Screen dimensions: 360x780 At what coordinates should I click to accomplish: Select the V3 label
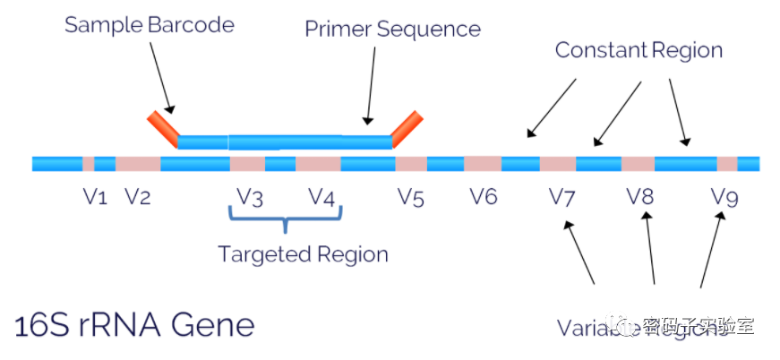coord(250,197)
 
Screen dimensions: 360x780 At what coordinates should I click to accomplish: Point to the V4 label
coord(321,197)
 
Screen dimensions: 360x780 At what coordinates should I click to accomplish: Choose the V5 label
coord(410,197)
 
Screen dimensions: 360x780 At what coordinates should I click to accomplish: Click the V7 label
coord(561,197)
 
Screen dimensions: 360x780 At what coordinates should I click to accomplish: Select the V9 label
coord(724,197)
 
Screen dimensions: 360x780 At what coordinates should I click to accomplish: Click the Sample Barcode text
coord(149,24)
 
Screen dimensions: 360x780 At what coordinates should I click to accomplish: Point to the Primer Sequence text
coord(392,29)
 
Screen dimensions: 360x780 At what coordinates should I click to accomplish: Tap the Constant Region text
coord(639,49)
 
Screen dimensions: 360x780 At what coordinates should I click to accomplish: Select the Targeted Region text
coord(304,254)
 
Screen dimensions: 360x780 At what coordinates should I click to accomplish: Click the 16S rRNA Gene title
coord(134,323)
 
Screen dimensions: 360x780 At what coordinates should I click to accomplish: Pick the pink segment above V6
coord(483,164)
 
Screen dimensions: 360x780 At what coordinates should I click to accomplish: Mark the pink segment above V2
coord(138,164)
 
